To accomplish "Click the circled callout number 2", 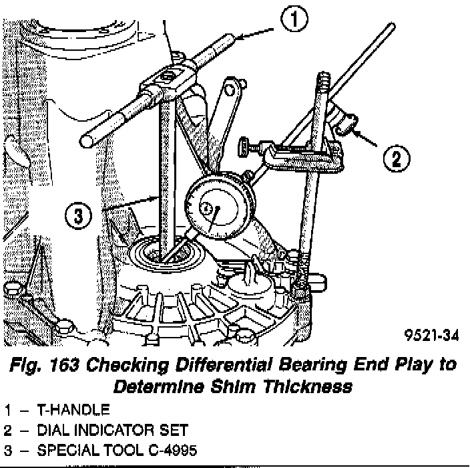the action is [395, 158].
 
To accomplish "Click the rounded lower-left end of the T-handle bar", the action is [87, 140].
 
